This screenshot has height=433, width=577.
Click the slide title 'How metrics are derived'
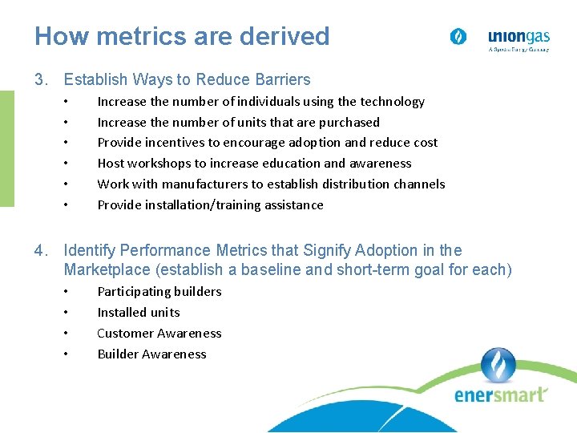pos(182,36)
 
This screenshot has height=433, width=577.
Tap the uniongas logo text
pos(518,36)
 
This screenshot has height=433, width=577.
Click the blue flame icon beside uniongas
pos(458,37)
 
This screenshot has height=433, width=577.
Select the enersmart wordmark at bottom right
pos(501,395)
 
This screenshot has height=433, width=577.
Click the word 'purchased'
pos(349,123)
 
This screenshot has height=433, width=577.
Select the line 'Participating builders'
pos(159,292)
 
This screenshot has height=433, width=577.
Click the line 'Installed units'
pos(139,313)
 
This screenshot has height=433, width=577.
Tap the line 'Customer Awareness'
pos(159,334)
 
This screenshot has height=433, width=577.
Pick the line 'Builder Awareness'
pos(151,354)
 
